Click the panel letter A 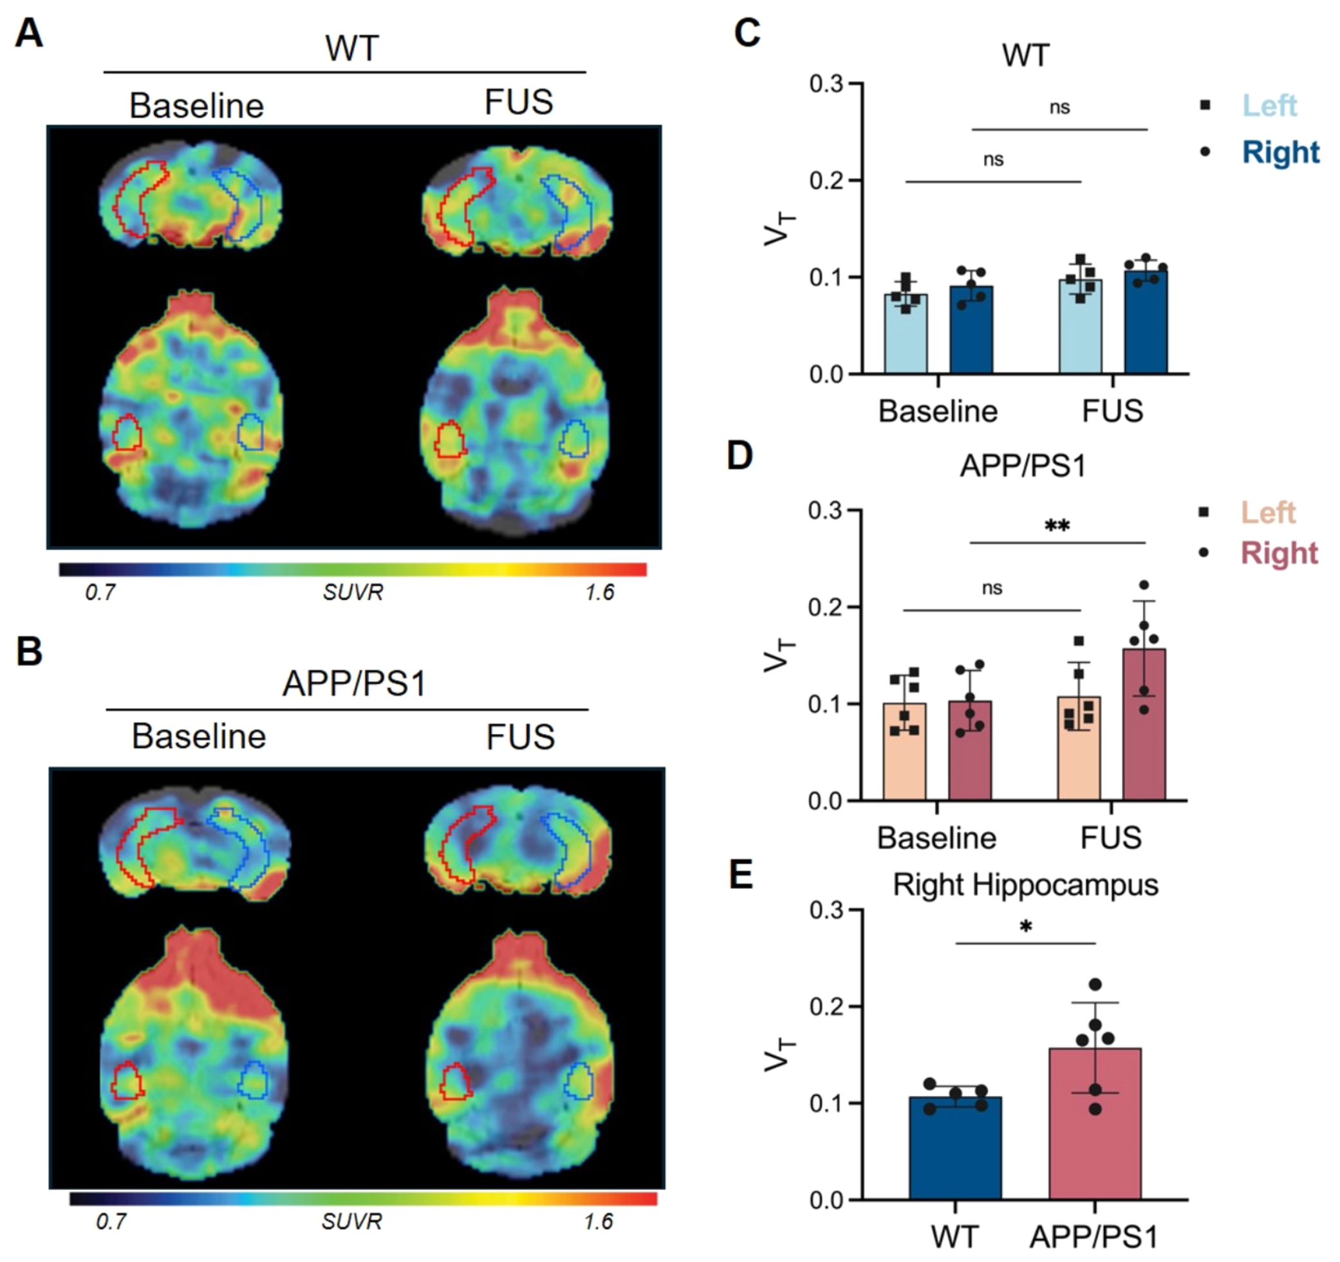28,33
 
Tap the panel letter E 741,875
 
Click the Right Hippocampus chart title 1025,884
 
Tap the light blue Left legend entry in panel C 1269,105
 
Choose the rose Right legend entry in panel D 1279,553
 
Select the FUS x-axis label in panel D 1111,837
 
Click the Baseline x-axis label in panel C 938,411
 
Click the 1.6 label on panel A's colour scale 599,593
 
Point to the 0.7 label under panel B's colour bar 111,1221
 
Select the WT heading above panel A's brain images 352,49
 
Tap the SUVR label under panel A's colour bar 353,593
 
